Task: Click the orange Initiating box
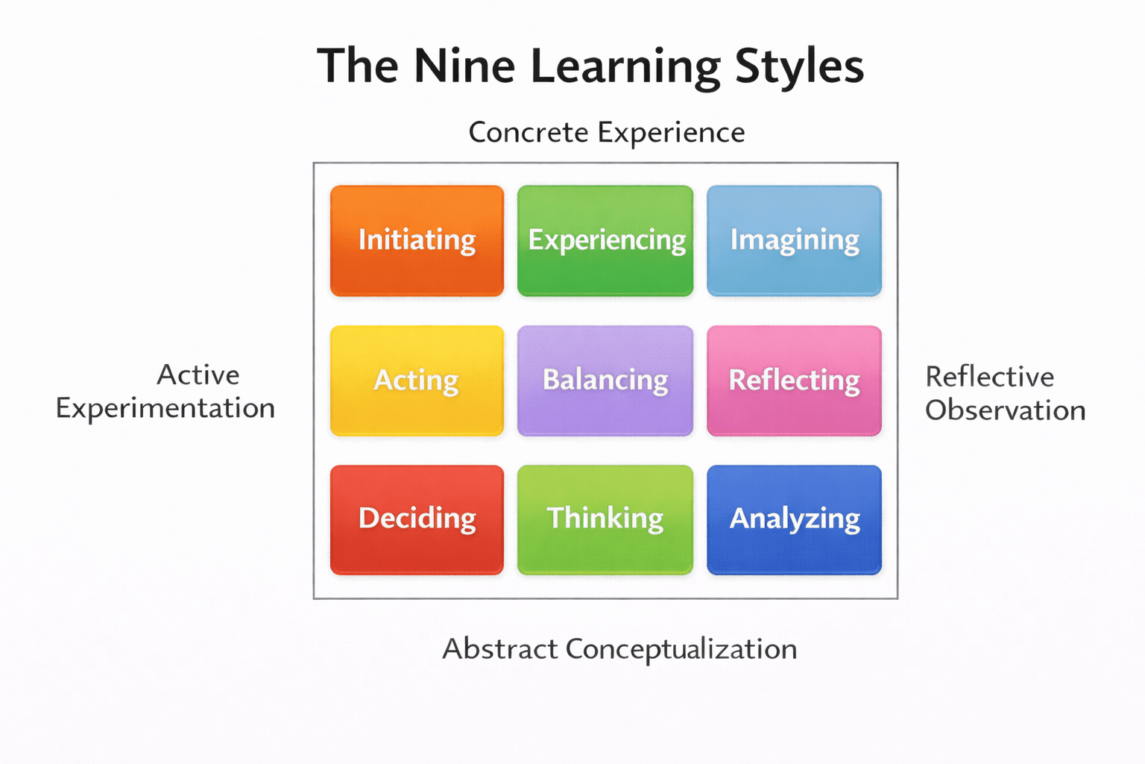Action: (x=417, y=240)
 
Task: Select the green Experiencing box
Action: (x=605, y=240)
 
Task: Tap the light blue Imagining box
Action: (x=794, y=240)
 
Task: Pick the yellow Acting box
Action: (x=417, y=380)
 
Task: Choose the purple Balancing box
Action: (x=605, y=380)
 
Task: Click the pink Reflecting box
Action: (x=794, y=380)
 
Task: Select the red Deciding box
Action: (x=417, y=519)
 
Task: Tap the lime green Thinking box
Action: (x=605, y=519)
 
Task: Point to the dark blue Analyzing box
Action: (x=794, y=519)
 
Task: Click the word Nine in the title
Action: (x=464, y=66)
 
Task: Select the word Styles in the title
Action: (x=799, y=67)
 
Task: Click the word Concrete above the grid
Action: (x=529, y=133)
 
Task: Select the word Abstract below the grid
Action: (x=499, y=649)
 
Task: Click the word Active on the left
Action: (x=198, y=375)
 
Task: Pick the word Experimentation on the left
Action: (x=165, y=409)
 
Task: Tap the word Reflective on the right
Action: (x=989, y=377)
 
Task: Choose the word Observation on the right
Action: (x=1005, y=410)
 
